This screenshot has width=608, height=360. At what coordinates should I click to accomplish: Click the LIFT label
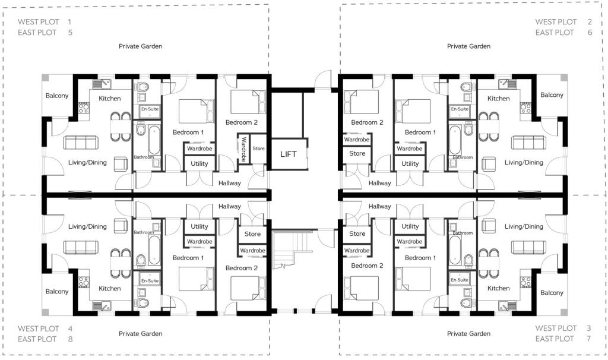pyautogui.click(x=288, y=154)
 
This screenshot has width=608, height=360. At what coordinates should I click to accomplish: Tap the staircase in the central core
pyautogui.click(x=292, y=250)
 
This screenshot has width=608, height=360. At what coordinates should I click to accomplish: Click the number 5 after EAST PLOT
pyautogui.click(x=70, y=33)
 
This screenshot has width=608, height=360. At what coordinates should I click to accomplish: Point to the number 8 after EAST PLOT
pyautogui.click(x=70, y=339)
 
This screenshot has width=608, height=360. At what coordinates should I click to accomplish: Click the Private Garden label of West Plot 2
pyautogui.click(x=468, y=46)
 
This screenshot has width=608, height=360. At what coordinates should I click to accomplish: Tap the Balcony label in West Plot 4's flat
pyautogui.click(x=56, y=291)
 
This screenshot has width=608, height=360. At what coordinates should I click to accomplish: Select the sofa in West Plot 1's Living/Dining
pyautogui.click(x=81, y=143)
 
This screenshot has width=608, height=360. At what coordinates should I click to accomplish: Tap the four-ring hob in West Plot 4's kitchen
pyautogui.click(x=84, y=282)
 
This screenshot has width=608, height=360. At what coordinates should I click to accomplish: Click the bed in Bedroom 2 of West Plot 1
pyautogui.click(x=248, y=102)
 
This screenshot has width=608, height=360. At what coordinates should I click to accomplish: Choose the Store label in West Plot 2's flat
pyautogui.click(x=357, y=154)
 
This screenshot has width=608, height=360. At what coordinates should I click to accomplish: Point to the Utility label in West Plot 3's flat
pyautogui.click(x=410, y=226)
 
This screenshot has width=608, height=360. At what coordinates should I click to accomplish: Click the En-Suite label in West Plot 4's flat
pyautogui.click(x=150, y=280)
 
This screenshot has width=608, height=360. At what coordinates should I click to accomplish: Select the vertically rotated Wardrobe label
pyautogui.click(x=243, y=149)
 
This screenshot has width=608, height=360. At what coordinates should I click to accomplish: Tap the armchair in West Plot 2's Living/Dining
pyautogui.click(x=488, y=165)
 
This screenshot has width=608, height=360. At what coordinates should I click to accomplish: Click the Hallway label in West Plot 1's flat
pyautogui.click(x=230, y=183)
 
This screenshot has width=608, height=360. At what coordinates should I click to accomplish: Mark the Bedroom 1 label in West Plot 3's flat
pyautogui.click(x=420, y=258)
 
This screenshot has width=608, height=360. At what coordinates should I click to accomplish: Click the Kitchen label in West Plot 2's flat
pyautogui.click(x=498, y=99)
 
